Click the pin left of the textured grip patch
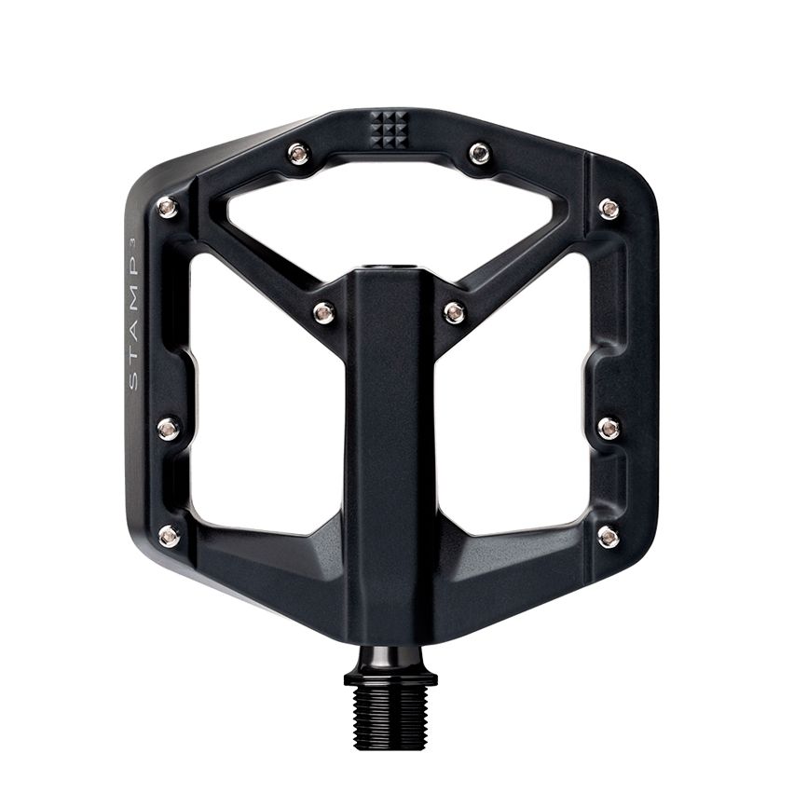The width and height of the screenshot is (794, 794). coord(298,154)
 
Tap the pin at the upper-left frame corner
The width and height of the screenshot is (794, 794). coord(168,208)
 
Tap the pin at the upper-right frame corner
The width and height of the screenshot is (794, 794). coord(609,209)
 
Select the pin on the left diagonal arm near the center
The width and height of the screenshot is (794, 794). coord(323,312)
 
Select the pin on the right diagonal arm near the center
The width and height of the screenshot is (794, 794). coord(454,312)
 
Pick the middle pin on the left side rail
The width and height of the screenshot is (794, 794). coord(168,428)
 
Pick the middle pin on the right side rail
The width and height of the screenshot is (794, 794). coord(609,428)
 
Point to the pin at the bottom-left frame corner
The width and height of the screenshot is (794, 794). coord(169,536)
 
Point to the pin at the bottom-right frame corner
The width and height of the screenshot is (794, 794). coord(608,536)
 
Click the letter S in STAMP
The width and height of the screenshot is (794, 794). coord(132,381)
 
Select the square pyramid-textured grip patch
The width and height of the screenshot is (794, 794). coord(389,129)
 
